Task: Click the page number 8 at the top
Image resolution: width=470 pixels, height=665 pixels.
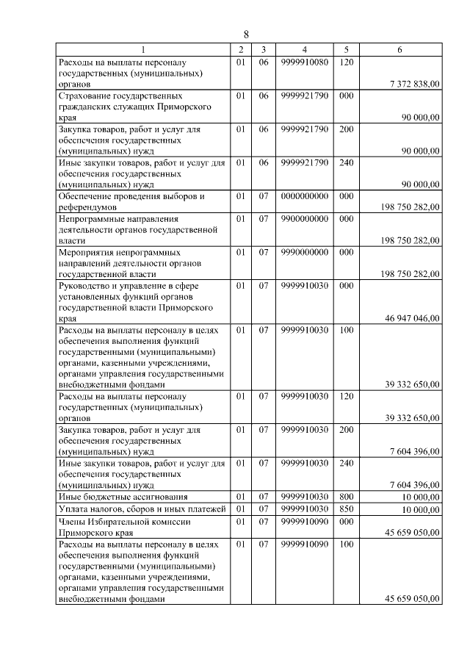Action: pos(246,35)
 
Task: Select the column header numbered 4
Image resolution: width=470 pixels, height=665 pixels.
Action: pos(303,49)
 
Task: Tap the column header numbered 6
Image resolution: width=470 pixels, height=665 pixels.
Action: pos(399,49)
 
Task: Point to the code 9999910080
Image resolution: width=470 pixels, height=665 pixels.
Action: pos(303,62)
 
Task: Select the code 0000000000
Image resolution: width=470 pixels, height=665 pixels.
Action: pos(303,196)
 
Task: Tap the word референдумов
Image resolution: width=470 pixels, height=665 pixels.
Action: pos(87,207)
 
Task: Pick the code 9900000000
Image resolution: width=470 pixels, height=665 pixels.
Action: pos(303,218)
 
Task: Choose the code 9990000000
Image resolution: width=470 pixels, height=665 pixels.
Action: pos(303,251)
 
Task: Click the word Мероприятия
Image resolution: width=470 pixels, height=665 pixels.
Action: pos(87,251)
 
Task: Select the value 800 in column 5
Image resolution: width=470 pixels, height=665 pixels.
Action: pos(347,497)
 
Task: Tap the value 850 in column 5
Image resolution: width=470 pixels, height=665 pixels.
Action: pos(347,508)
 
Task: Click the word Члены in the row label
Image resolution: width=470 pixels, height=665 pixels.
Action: pos(72,520)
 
